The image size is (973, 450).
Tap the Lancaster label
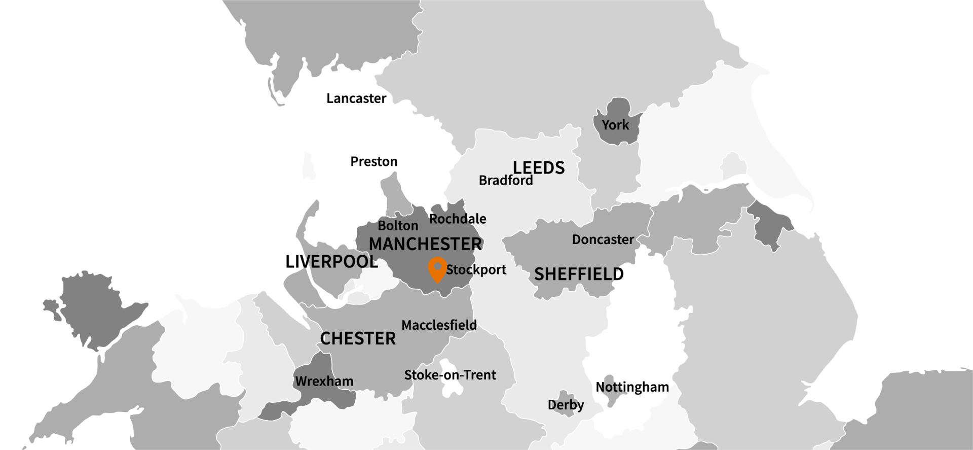pyautogui.click(x=356, y=98)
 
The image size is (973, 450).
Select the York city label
pyautogui.click(x=615, y=125)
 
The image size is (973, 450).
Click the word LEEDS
pyautogui.click(x=538, y=167)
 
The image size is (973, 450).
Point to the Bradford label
pyautogui.click(x=506, y=181)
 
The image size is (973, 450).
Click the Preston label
pyautogui.click(x=374, y=162)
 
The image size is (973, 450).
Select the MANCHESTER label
pyautogui.click(x=425, y=244)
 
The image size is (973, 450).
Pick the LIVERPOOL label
pyautogui.click(x=331, y=262)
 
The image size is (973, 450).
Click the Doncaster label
pyautogui.click(x=603, y=239)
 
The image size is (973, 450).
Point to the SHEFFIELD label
pyautogui.click(x=579, y=274)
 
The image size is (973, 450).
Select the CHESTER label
pyautogui.click(x=358, y=338)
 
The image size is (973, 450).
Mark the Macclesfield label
pyautogui.click(x=439, y=325)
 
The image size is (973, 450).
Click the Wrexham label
pyautogui.click(x=324, y=381)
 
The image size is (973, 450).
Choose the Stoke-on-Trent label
pyautogui.click(x=450, y=375)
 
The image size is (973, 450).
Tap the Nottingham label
pyautogui.click(x=632, y=387)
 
